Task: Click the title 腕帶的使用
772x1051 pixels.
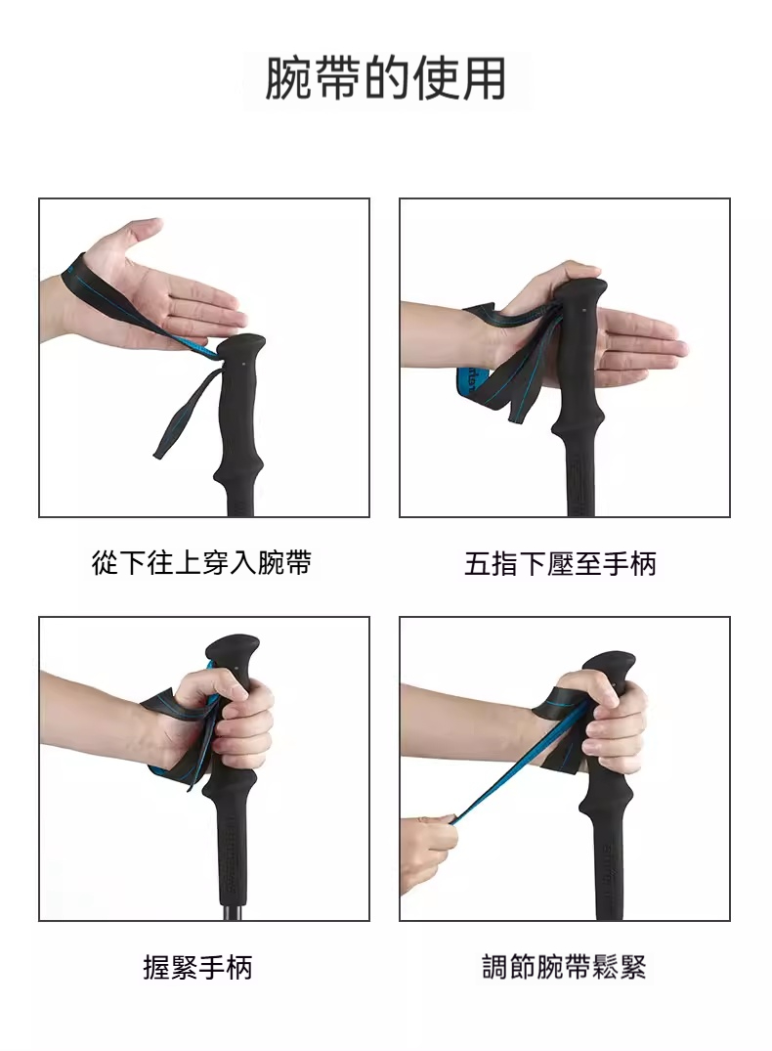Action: (385, 79)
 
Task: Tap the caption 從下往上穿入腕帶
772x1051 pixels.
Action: (201, 562)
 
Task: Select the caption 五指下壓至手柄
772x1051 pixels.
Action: (560, 563)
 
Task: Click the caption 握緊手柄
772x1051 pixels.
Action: (197, 967)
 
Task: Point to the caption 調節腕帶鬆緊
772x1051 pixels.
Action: (564, 967)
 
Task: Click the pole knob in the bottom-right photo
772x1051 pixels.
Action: (610, 667)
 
